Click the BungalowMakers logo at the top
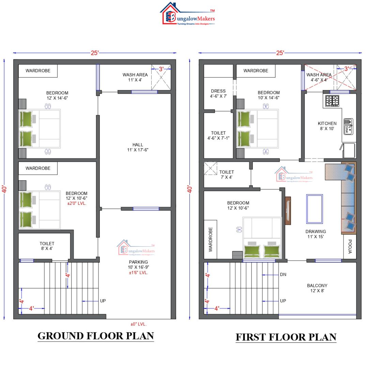tap(187, 15)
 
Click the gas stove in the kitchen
tap(332, 101)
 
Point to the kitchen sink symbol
tap(348, 126)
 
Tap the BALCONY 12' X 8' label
tap(317, 288)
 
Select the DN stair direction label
tap(283, 275)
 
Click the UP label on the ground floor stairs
tap(103, 301)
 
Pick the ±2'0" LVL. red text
tap(77, 203)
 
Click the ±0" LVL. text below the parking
tap(138, 324)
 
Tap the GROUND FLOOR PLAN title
tap(95, 336)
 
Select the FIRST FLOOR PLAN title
tap(286, 337)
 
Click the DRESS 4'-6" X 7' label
tap(218, 94)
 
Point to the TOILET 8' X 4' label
tap(47, 246)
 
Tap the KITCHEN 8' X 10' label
tap(327, 126)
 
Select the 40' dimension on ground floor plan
tap(4, 189)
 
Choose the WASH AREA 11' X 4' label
tap(135, 77)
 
